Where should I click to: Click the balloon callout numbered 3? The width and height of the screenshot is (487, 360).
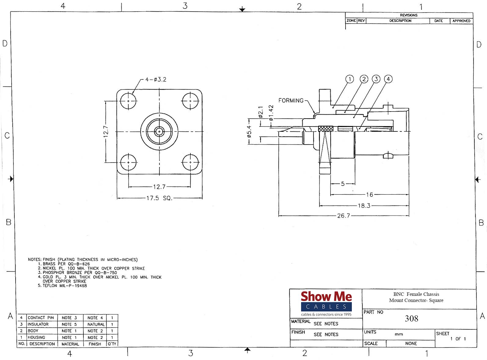376,79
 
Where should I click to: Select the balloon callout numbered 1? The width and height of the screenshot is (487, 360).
350,79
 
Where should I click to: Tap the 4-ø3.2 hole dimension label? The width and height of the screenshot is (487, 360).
156,79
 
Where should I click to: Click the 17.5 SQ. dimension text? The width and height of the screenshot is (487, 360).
159,198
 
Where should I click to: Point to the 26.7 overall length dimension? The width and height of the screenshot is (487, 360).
343,216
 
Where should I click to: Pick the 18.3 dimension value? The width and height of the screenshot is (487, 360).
364,206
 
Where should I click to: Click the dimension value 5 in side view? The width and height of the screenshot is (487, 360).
343,184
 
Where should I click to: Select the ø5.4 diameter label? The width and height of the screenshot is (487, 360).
249,131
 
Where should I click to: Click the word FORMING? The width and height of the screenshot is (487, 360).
291,101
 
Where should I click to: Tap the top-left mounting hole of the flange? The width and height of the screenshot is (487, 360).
128,101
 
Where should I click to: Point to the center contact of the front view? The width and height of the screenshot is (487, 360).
159,132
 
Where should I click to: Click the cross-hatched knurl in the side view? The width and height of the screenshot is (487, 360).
325,129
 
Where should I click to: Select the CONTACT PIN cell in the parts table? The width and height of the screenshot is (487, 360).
41,318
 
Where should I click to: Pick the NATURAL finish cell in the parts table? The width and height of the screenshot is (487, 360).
96,324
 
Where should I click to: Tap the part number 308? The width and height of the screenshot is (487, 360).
411,318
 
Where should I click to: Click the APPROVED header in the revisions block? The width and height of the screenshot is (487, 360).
461,21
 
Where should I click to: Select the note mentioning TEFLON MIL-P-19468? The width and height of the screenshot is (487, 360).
64,286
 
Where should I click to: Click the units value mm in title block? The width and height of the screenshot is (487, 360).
399,334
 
